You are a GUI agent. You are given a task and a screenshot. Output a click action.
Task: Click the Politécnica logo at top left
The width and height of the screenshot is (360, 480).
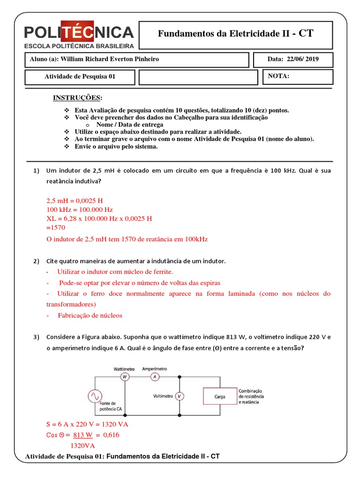(x=79, y=36)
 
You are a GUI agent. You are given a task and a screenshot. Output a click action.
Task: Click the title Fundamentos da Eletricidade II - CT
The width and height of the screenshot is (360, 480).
(x=235, y=33)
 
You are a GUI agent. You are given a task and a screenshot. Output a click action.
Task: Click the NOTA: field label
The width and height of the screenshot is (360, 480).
(x=278, y=76)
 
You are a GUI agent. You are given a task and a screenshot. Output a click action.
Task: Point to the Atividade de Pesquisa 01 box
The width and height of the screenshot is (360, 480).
(x=80, y=77)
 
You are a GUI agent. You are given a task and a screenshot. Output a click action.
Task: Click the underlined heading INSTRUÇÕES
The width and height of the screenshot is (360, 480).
(x=77, y=97)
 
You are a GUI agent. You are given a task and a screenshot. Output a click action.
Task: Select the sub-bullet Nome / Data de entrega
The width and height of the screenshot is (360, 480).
(x=129, y=125)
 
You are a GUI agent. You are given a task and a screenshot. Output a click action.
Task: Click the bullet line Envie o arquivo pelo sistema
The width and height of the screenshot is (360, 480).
(x=116, y=146)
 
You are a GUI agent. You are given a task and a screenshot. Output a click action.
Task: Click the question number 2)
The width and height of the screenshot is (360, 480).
(x=37, y=261)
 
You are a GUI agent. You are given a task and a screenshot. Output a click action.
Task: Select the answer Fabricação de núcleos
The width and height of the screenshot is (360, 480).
(x=90, y=315)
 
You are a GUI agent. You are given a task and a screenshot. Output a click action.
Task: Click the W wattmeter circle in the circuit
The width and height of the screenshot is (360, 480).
(x=125, y=376)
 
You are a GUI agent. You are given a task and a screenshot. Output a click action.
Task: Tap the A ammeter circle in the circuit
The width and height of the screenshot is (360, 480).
(x=154, y=376)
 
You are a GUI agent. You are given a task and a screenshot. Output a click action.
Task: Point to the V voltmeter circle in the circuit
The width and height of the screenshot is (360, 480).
(x=179, y=397)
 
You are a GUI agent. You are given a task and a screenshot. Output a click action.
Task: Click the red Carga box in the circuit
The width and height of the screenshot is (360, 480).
(x=219, y=397)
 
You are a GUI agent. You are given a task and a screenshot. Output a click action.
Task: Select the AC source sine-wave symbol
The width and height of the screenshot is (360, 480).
(x=92, y=396)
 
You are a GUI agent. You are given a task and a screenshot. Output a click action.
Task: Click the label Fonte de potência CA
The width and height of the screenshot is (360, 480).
(x=111, y=406)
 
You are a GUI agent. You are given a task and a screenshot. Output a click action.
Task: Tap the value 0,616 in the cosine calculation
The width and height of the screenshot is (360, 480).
(x=111, y=435)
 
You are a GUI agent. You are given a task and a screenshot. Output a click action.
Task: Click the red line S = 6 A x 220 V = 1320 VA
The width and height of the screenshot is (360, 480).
(x=87, y=424)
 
